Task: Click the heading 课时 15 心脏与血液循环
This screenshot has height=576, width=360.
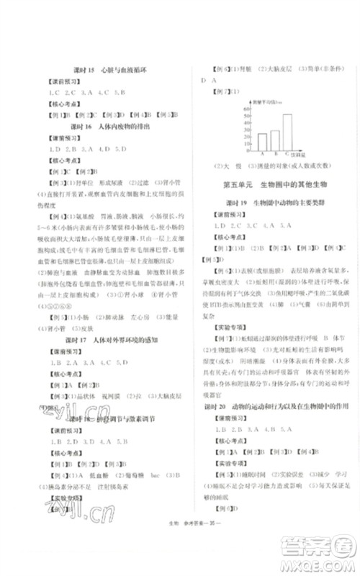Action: [x=99, y=71]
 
